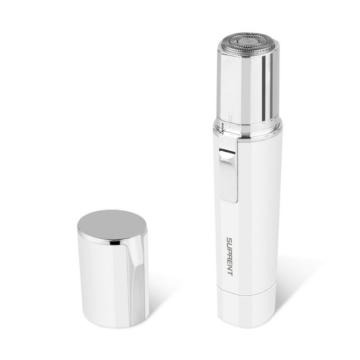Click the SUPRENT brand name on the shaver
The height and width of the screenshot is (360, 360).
click(229, 256)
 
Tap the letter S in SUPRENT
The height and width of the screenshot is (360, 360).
click(229, 240)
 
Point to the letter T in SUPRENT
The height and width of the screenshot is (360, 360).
click(229, 274)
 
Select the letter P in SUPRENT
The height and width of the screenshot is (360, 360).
click(229, 251)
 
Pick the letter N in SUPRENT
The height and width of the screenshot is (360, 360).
click(229, 268)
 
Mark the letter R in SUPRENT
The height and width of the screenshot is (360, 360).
click(229, 256)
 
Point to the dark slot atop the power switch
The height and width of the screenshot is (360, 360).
click(228, 152)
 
